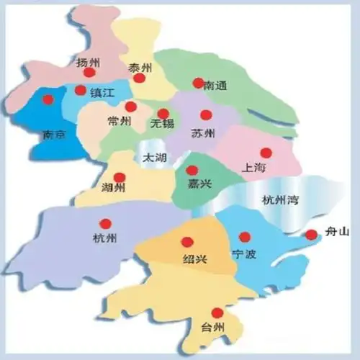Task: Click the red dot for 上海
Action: [266, 153]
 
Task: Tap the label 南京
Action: [55, 134]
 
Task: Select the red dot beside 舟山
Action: [311, 234]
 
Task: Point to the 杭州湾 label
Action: [278, 200]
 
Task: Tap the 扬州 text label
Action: [87, 62]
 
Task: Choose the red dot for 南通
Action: [198, 83]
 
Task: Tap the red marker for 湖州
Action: [120, 177]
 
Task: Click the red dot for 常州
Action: [130, 107]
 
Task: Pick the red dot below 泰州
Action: [140, 77]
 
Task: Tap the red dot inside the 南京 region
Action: [48, 99]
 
